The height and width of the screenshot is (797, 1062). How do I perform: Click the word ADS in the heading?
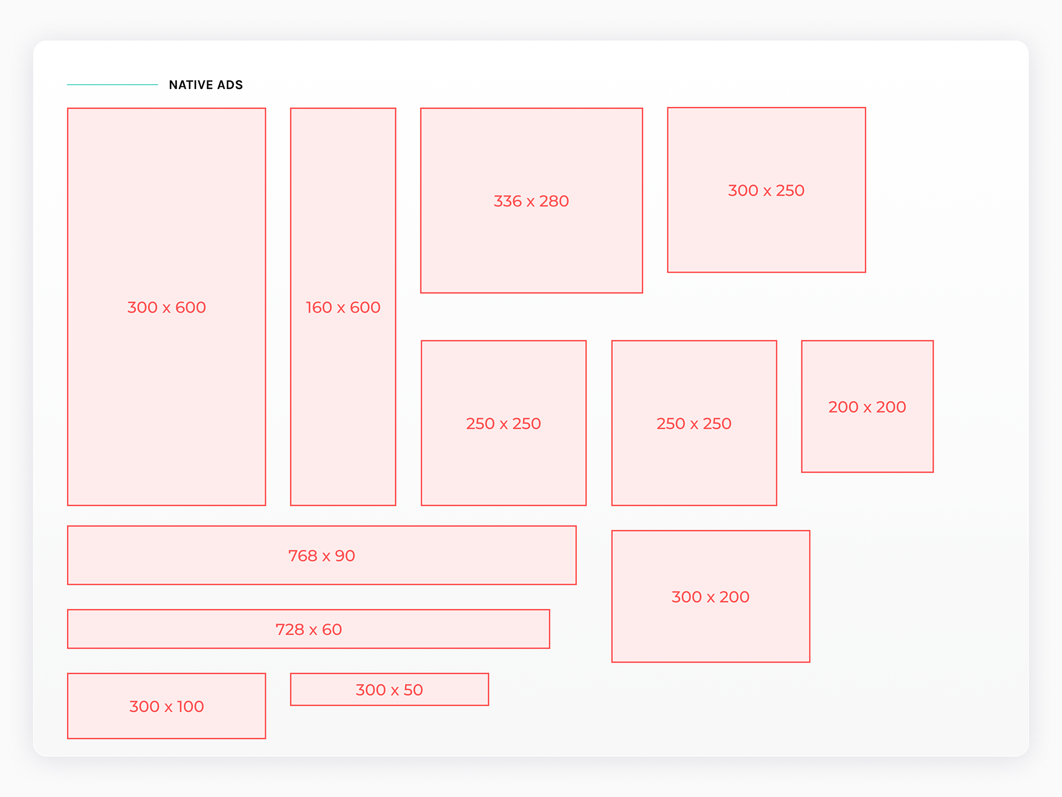pos(230,85)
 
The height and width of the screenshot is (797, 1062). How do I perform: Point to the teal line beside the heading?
pos(112,85)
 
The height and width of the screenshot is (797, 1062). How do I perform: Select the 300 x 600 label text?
pos(166,307)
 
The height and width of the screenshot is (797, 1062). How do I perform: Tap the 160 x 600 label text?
pos(343,307)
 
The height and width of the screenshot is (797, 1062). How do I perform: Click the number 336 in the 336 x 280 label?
pos(508,201)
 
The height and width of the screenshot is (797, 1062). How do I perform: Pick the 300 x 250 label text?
pos(766,190)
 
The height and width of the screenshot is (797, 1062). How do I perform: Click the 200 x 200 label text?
pos(867,407)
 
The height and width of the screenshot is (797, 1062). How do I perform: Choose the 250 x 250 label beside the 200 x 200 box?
pos(694,423)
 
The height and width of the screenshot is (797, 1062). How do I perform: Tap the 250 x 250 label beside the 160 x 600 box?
pos(503,423)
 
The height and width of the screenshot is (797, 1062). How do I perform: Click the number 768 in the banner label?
pos(303,556)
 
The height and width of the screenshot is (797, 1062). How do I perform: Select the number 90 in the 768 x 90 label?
pos(345,556)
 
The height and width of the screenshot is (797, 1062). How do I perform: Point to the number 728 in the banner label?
pos(290,629)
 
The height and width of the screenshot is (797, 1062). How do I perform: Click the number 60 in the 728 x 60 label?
pos(332,629)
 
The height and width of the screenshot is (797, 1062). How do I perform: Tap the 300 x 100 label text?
pos(166,706)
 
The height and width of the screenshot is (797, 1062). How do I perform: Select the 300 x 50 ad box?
pos(389,690)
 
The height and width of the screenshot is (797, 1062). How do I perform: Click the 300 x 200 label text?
pos(711,597)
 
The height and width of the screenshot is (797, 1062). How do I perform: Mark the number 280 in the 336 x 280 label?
pos(554,201)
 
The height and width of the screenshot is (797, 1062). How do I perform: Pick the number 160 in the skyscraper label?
pos(319,307)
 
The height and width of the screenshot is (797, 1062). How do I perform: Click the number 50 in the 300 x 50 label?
pos(413,690)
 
